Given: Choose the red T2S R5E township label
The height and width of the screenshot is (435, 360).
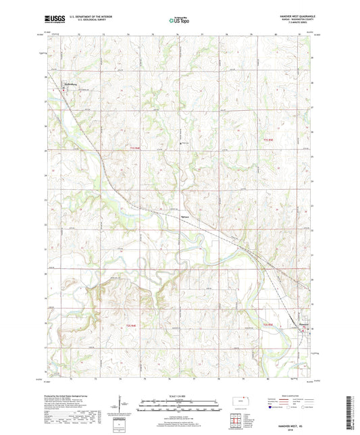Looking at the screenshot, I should pos(267,325).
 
